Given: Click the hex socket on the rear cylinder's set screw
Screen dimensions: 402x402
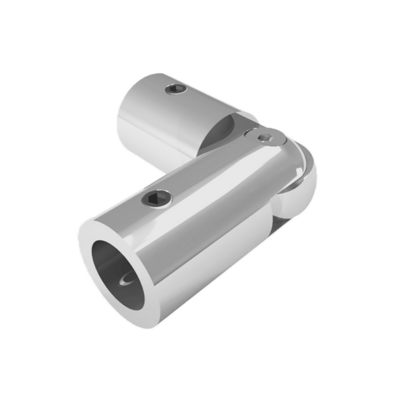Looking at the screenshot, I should (176, 90).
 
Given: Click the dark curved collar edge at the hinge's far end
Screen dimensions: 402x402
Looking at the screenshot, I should (309, 157).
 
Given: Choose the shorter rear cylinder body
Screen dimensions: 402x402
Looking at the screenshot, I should (165, 114).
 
